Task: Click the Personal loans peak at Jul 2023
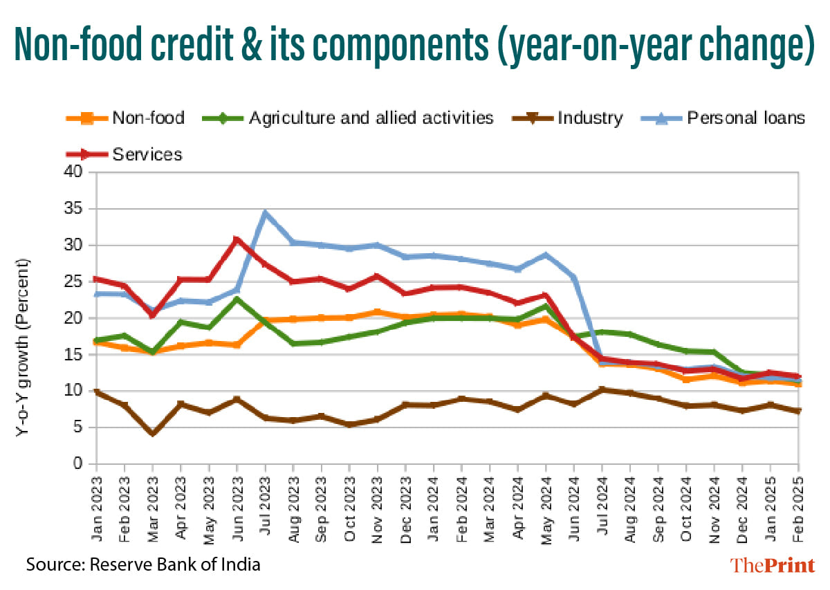tap(265, 213)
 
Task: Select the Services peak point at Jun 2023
tap(237, 240)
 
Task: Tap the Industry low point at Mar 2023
tap(152, 433)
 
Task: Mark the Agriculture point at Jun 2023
tap(237, 299)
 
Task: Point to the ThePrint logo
tap(773, 565)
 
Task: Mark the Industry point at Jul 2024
tap(602, 390)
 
